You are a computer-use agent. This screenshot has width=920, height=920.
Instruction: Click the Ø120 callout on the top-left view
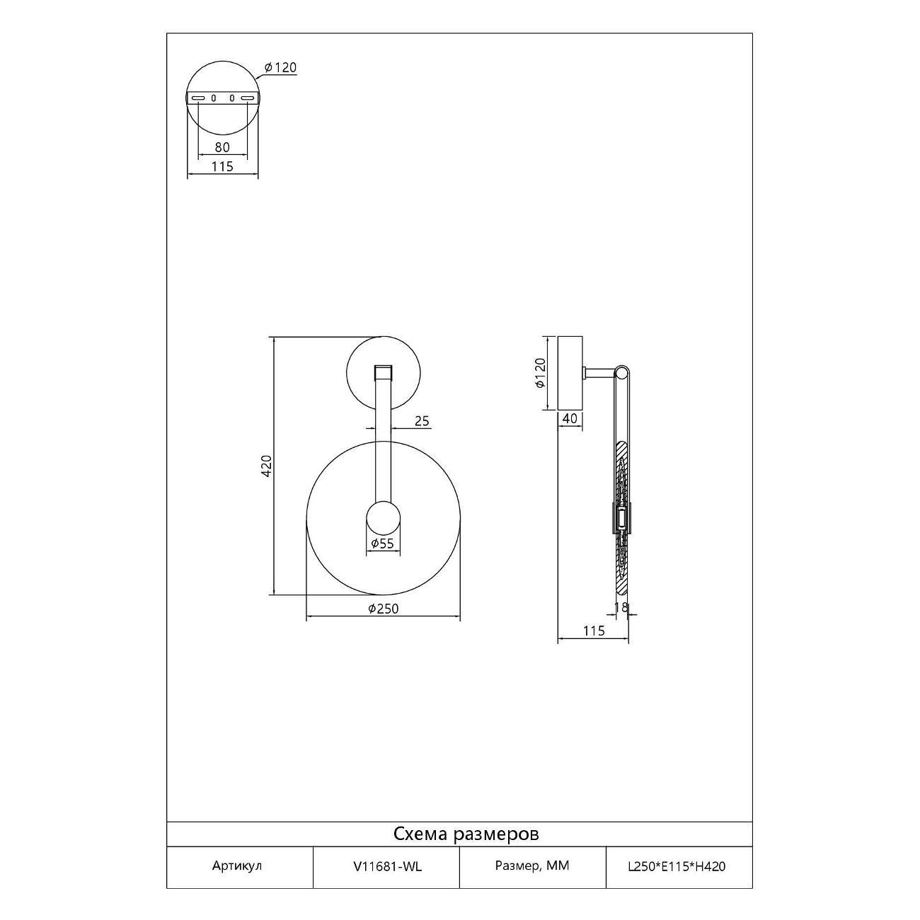click(x=281, y=68)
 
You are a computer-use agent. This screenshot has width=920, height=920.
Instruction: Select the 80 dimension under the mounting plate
click(x=222, y=147)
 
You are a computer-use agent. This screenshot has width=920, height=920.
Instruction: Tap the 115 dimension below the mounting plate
click(x=222, y=166)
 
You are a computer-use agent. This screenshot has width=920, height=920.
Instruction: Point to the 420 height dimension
click(x=266, y=466)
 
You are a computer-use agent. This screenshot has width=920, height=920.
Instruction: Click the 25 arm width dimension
click(x=422, y=421)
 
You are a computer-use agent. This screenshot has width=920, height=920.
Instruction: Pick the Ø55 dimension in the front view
click(x=382, y=544)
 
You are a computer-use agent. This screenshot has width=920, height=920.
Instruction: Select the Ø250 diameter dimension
click(x=383, y=609)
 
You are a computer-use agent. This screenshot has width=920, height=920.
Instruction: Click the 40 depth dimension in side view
click(x=570, y=419)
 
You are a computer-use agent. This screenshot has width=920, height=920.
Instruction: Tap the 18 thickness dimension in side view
click(x=621, y=607)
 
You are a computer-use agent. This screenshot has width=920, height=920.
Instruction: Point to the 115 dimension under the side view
click(x=594, y=631)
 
